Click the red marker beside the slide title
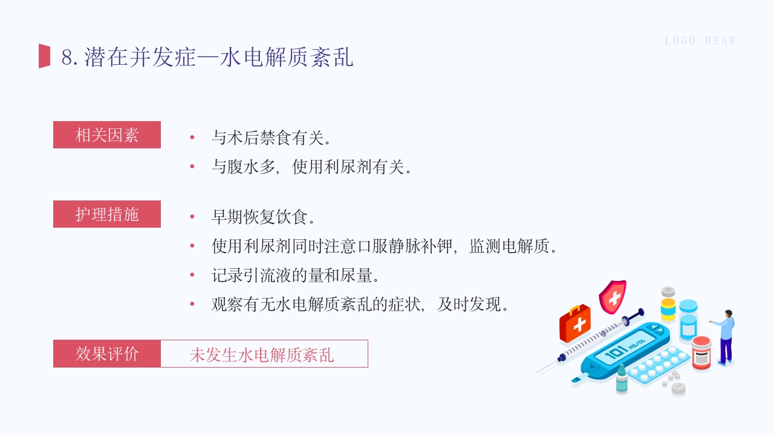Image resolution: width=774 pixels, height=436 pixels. (44, 56)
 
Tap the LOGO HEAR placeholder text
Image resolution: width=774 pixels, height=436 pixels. (700, 41)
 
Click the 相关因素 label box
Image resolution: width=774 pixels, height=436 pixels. (107, 135)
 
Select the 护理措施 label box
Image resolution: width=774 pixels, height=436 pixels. (107, 214)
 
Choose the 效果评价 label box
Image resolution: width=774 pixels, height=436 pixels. (107, 354)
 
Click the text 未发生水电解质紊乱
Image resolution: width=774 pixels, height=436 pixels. (262, 355)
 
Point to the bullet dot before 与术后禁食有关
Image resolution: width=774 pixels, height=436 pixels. (192, 137)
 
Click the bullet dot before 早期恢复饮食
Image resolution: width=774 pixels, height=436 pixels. (192, 217)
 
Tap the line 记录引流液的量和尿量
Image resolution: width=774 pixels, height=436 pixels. (295, 276)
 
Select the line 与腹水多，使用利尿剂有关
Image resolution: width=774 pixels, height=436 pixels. (312, 167)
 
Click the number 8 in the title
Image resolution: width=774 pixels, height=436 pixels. (67, 58)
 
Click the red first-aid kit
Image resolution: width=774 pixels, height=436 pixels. (574, 324)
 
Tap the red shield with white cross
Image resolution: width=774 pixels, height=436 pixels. (613, 297)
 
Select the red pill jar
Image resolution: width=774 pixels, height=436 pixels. (701, 352)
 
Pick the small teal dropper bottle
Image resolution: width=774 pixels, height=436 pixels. (622, 380)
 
